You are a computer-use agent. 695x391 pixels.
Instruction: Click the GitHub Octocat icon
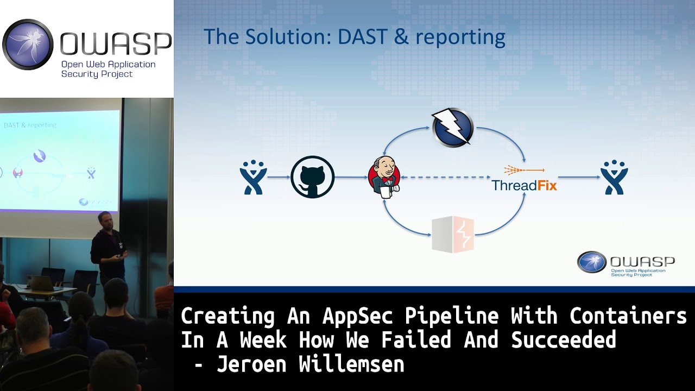[x=312, y=177]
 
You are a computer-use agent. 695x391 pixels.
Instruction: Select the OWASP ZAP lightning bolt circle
[x=452, y=128]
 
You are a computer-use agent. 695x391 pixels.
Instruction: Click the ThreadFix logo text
[x=524, y=185]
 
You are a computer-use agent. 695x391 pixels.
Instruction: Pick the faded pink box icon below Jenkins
[x=453, y=234]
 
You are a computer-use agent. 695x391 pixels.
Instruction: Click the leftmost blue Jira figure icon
[x=253, y=177]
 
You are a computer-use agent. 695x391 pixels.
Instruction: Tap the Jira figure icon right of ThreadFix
[x=614, y=177]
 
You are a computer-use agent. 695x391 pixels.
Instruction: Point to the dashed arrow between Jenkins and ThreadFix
[x=445, y=177]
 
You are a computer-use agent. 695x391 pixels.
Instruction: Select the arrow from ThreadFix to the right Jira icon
[x=578, y=177]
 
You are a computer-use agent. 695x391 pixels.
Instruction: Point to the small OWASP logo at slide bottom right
[x=625, y=263]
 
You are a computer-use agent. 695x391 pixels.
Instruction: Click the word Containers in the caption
[x=628, y=316]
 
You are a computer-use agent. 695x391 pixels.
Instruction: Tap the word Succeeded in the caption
[x=563, y=340]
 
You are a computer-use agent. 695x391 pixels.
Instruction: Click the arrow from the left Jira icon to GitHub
[x=279, y=177]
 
